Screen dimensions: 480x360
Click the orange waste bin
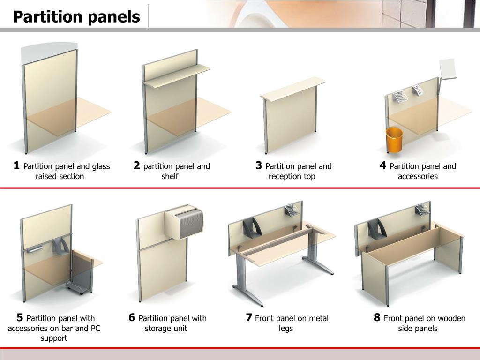pyautogui.click(x=394, y=140)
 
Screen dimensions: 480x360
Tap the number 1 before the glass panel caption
pyautogui.click(x=16, y=165)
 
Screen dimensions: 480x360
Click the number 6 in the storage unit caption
pyautogui.click(x=132, y=317)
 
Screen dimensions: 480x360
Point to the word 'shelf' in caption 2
pyautogui.click(x=170, y=176)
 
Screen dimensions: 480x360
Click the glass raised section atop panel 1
pyautogui.click(x=49, y=52)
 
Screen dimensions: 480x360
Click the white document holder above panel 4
pyautogui.click(x=448, y=69)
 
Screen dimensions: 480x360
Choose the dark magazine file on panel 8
pyautogui.click(x=377, y=229)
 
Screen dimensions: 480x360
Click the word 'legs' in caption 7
pyautogui.click(x=285, y=329)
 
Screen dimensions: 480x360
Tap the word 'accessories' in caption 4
pyautogui.click(x=418, y=176)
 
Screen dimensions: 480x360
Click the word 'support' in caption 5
pyautogui.click(x=54, y=338)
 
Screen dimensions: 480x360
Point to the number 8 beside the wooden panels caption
pyautogui.click(x=377, y=317)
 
